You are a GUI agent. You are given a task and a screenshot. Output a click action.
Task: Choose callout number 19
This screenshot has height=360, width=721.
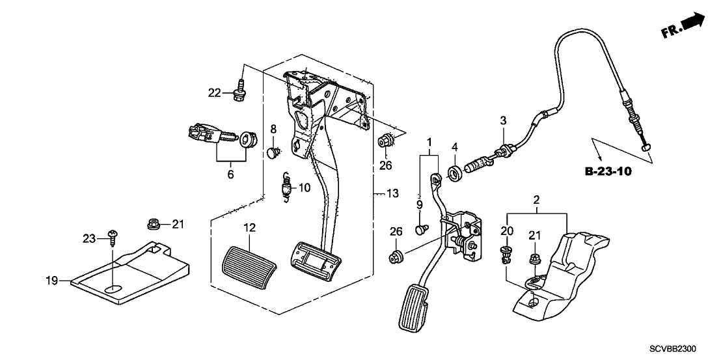[x=52, y=281]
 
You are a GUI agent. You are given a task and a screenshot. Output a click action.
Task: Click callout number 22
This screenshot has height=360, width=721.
[x=215, y=93]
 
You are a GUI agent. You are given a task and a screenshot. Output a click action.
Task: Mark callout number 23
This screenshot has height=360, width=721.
[x=90, y=238]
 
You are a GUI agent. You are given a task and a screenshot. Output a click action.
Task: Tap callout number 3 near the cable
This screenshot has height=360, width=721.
[x=502, y=120]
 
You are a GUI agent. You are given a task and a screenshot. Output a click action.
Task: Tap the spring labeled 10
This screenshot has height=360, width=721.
[x=284, y=187]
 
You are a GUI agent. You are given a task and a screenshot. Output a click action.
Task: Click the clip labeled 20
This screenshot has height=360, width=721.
[x=508, y=253]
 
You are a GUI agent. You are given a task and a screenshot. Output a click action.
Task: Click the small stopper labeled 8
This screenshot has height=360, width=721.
[x=274, y=153]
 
